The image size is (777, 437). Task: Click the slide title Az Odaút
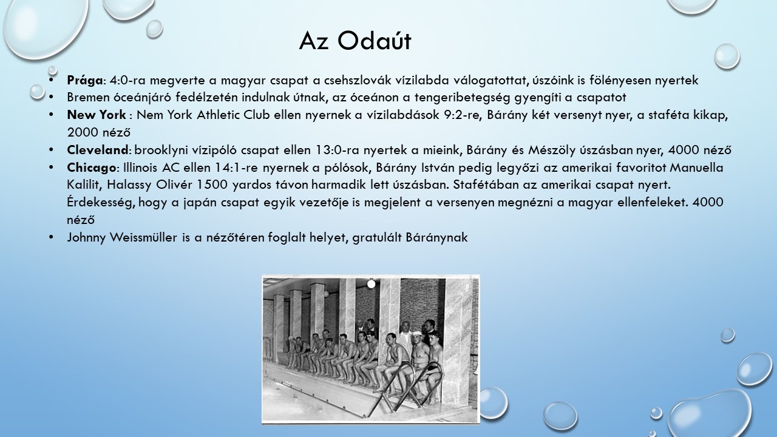(355, 41)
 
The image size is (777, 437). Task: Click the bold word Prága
(84, 81)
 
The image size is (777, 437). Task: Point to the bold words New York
(97, 115)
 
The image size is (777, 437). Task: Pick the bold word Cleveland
(98, 150)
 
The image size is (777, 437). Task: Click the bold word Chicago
(91, 168)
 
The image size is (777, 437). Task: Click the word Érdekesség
(101, 203)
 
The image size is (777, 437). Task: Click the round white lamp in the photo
(371, 285)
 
